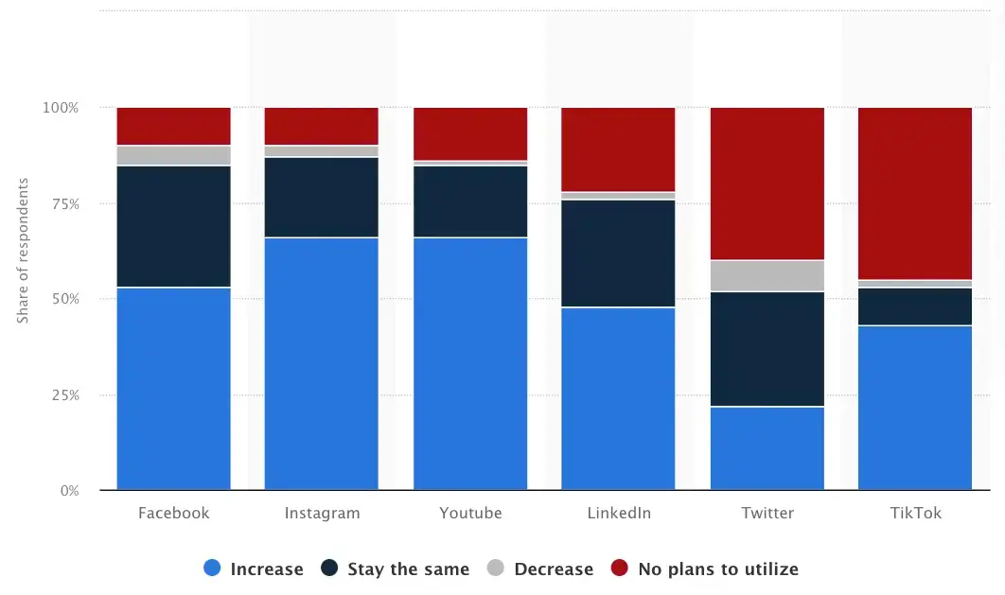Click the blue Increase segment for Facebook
click(173, 388)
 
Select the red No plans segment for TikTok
click(915, 193)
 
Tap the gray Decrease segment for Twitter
click(767, 275)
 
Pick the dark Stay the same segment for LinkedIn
click(618, 253)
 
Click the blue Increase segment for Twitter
click(767, 447)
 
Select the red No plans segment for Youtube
click(470, 133)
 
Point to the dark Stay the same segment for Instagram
click(322, 197)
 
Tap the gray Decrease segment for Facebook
click(173, 155)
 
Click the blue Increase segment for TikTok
click(915, 407)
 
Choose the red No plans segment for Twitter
click(767, 184)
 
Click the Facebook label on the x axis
click(173, 514)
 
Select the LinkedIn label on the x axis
click(618, 514)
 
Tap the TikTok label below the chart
click(915, 514)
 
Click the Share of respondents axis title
click(23, 251)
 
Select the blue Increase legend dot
click(212, 569)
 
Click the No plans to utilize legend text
click(717, 569)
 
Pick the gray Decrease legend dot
click(495, 569)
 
